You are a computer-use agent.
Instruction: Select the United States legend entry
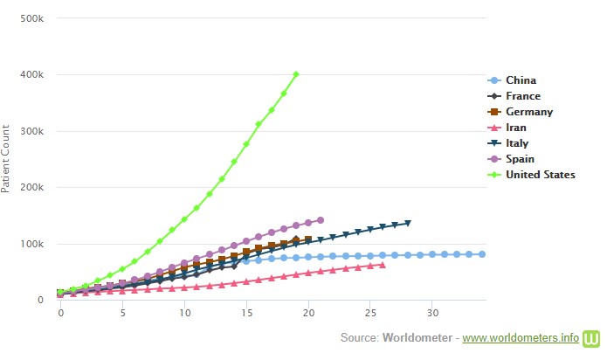[540, 175]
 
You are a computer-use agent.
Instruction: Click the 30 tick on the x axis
[432, 312]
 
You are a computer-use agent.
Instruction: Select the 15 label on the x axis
[247, 312]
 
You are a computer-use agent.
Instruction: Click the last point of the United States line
[296, 74]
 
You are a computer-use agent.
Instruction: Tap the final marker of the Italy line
[408, 223]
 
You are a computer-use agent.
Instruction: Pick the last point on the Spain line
[321, 220]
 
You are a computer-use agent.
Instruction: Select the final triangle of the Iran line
[383, 265]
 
